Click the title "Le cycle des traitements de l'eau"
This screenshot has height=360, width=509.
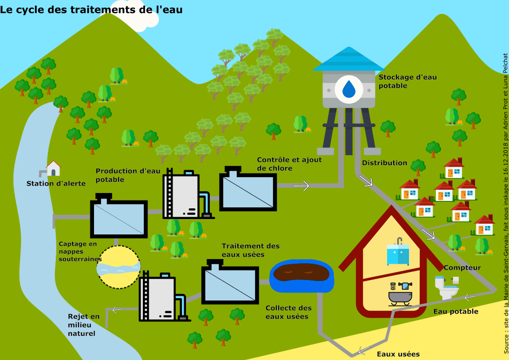tap(91, 9)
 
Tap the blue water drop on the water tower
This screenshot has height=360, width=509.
tap(349, 89)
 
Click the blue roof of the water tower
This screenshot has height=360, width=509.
tap(349, 59)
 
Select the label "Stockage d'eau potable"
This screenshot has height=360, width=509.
tap(408, 81)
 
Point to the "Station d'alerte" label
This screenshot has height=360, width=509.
tap(56, 183)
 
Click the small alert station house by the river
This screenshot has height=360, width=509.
tap(53, 168)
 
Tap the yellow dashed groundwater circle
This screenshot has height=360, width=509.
tap(119, 267)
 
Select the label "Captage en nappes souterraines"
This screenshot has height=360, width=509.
tap(80, 251)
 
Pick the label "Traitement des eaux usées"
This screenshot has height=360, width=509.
tap(251, 250)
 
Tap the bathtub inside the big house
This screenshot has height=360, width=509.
tap(400, 297)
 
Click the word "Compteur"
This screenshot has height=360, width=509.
tap(462, 268)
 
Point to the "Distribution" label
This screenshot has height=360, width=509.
tap(384, 163)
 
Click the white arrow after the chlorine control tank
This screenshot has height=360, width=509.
tap(301, 186)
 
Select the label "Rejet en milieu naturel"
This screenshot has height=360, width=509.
tap(84, 325)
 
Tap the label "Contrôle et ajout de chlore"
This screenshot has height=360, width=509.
tap(289, 164)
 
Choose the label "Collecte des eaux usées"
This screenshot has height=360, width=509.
tap(288, 312)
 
